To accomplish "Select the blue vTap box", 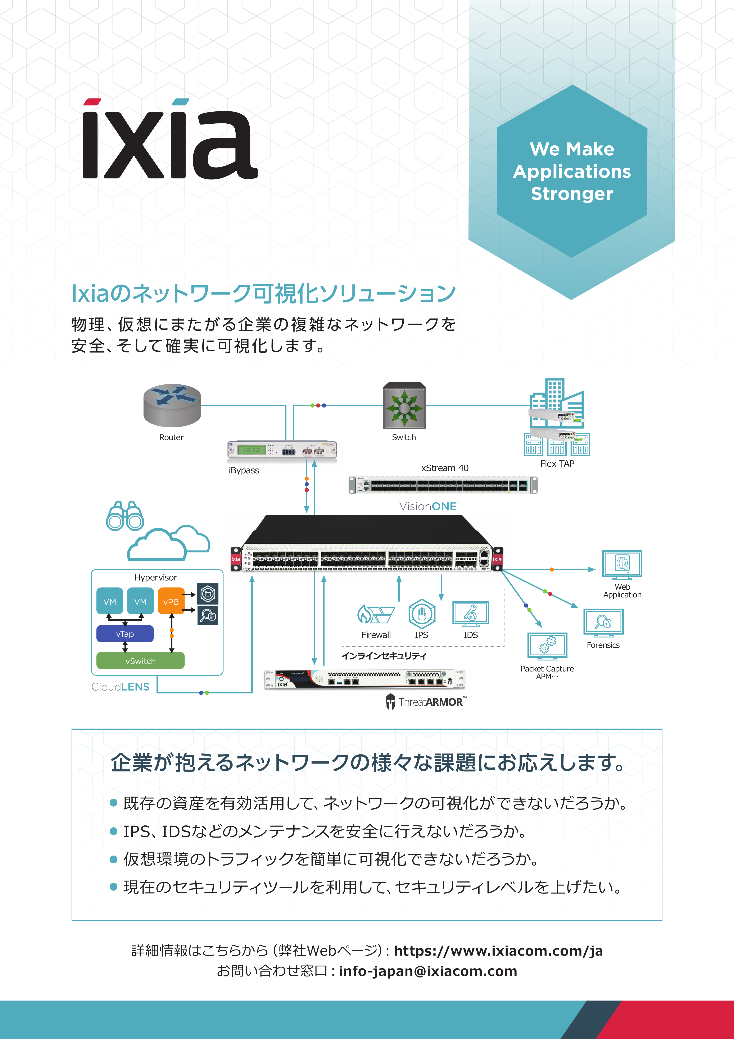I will coord(125,634).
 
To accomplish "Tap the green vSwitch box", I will coord(140,661).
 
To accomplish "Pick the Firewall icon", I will coord(376,614).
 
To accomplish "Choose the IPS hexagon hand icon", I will coord(422,614).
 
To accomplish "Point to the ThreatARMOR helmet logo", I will coord(390,701).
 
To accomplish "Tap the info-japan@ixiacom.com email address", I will coord(428,971).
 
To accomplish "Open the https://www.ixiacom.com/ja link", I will coord(498,951).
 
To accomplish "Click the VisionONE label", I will coord(429,506).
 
